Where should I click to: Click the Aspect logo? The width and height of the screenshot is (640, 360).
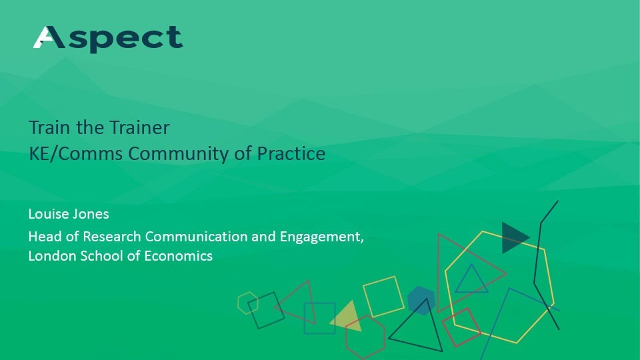(108, 39)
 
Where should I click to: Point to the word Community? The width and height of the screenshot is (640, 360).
(179, 154)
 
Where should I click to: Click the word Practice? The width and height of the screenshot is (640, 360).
(291, 153)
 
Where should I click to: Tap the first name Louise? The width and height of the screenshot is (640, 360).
(47, 214)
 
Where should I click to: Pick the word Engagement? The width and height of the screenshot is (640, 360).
(321, 237)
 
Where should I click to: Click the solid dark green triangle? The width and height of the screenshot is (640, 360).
(513, 237)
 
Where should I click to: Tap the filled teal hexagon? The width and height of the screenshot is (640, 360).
(421, 301)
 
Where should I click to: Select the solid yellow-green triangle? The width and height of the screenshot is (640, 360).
(347, 317)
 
